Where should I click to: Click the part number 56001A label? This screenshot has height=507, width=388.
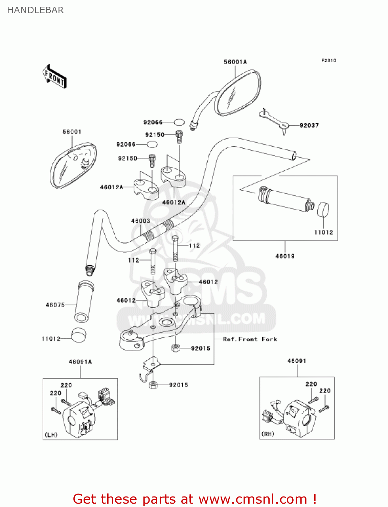[x=235, y=62]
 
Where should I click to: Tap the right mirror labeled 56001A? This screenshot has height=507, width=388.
[x=237, y=93]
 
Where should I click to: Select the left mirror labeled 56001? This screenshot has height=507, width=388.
[x=73, y=166]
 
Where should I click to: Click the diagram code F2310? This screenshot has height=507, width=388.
[x=328, y=61]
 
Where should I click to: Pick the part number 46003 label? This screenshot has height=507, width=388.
[x=140, y=221]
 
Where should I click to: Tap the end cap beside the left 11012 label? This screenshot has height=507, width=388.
[x=78, y=335]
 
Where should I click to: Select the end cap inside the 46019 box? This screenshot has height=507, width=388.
[x=323, y=210]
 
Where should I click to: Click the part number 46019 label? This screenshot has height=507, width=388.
[x=285, y=256]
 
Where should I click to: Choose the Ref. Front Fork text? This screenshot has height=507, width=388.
[x=250, y=339]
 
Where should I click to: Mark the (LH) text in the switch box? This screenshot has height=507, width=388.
[x=51, y=435]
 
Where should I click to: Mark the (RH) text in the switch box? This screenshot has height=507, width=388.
[x=268, y=434]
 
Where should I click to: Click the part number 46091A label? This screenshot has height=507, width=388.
[x=80, y=362]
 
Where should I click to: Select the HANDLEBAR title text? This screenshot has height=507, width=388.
[x=35, y=10]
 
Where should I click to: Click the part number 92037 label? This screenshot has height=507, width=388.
[x=309, y=125]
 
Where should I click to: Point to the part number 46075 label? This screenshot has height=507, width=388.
[x=55, y=305]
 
